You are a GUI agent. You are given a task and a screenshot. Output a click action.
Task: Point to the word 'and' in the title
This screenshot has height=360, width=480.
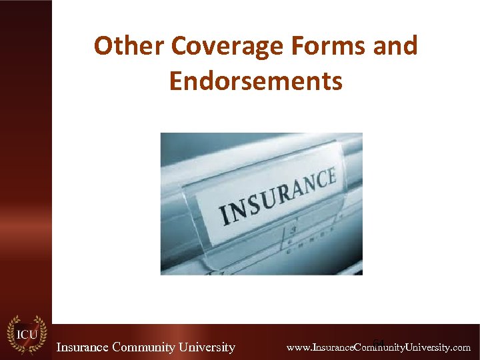click(396, 46)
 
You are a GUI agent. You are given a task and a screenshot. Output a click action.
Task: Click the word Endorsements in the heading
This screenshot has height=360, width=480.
click(256, 81)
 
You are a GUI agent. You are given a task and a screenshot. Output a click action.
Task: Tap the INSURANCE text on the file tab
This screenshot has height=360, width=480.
click(278, 197)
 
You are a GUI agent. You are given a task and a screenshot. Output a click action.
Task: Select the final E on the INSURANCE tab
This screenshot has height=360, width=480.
click(331, 177)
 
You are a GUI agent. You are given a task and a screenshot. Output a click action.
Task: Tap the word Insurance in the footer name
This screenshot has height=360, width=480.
click(83, 347)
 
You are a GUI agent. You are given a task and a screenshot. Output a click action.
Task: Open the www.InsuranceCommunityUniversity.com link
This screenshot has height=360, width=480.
click(378, 348)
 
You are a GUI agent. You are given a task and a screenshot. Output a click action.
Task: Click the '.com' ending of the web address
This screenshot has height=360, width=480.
click(461, 348)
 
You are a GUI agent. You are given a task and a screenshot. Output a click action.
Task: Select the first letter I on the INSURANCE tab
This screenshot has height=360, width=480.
click(225, 217)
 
